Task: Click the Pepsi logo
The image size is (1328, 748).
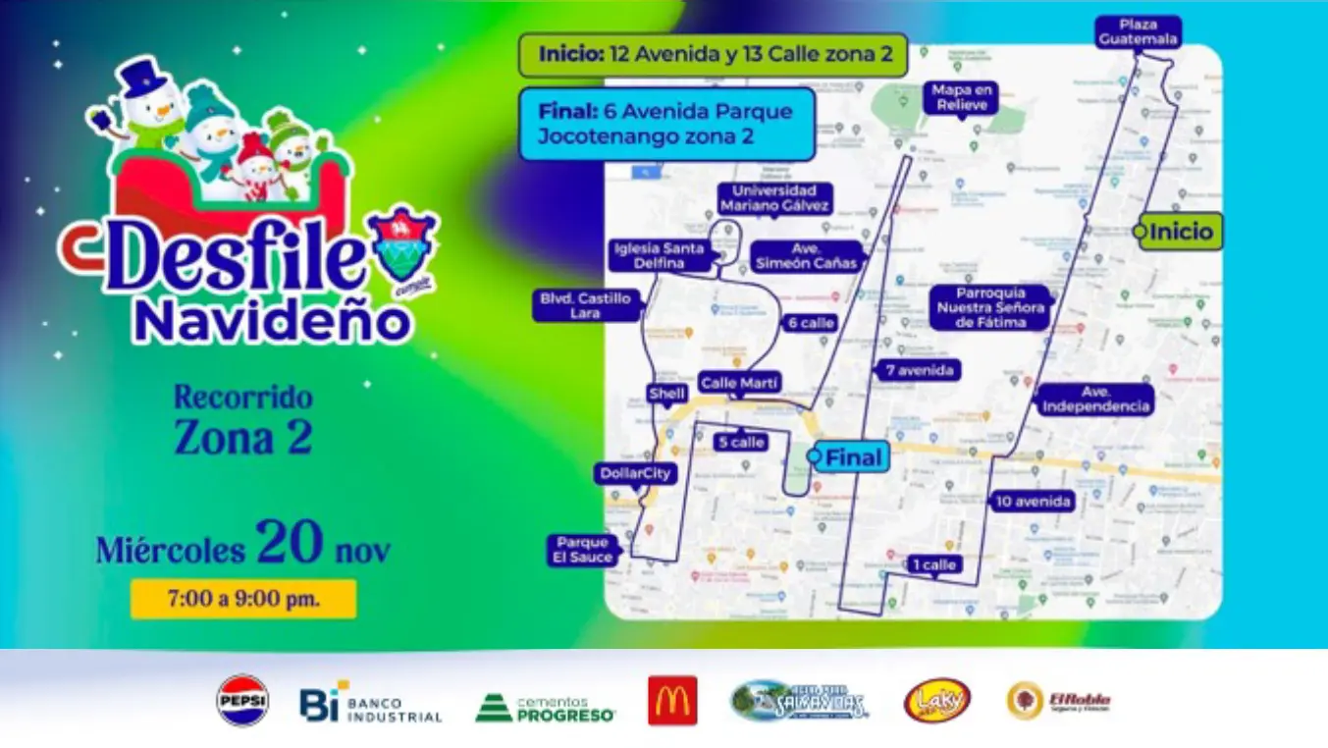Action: point(242,700)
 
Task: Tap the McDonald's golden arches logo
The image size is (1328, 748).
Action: point(672,701)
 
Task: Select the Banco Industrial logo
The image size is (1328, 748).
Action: point(371,703)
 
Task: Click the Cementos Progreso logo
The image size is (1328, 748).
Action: point(545,707)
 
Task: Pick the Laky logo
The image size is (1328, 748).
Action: point(937,701)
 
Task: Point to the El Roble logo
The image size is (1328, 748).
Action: point(1059,701)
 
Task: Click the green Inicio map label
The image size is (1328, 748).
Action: point(1181,232)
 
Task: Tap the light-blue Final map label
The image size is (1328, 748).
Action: point(852,456)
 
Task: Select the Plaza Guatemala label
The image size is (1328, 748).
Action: point(1138,31)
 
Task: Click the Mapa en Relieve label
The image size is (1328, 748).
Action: point(962,97)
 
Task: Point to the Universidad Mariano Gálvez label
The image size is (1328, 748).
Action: point(774,198)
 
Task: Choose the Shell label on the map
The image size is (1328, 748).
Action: point(666,394)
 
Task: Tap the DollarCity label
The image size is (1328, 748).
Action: point(637,474)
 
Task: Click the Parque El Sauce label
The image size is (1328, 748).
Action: point(584,550)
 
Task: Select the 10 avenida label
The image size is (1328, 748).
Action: point(1032,502)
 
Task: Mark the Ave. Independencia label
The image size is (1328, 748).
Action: point(1094,400)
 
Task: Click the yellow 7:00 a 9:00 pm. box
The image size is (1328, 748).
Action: point(243,599)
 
